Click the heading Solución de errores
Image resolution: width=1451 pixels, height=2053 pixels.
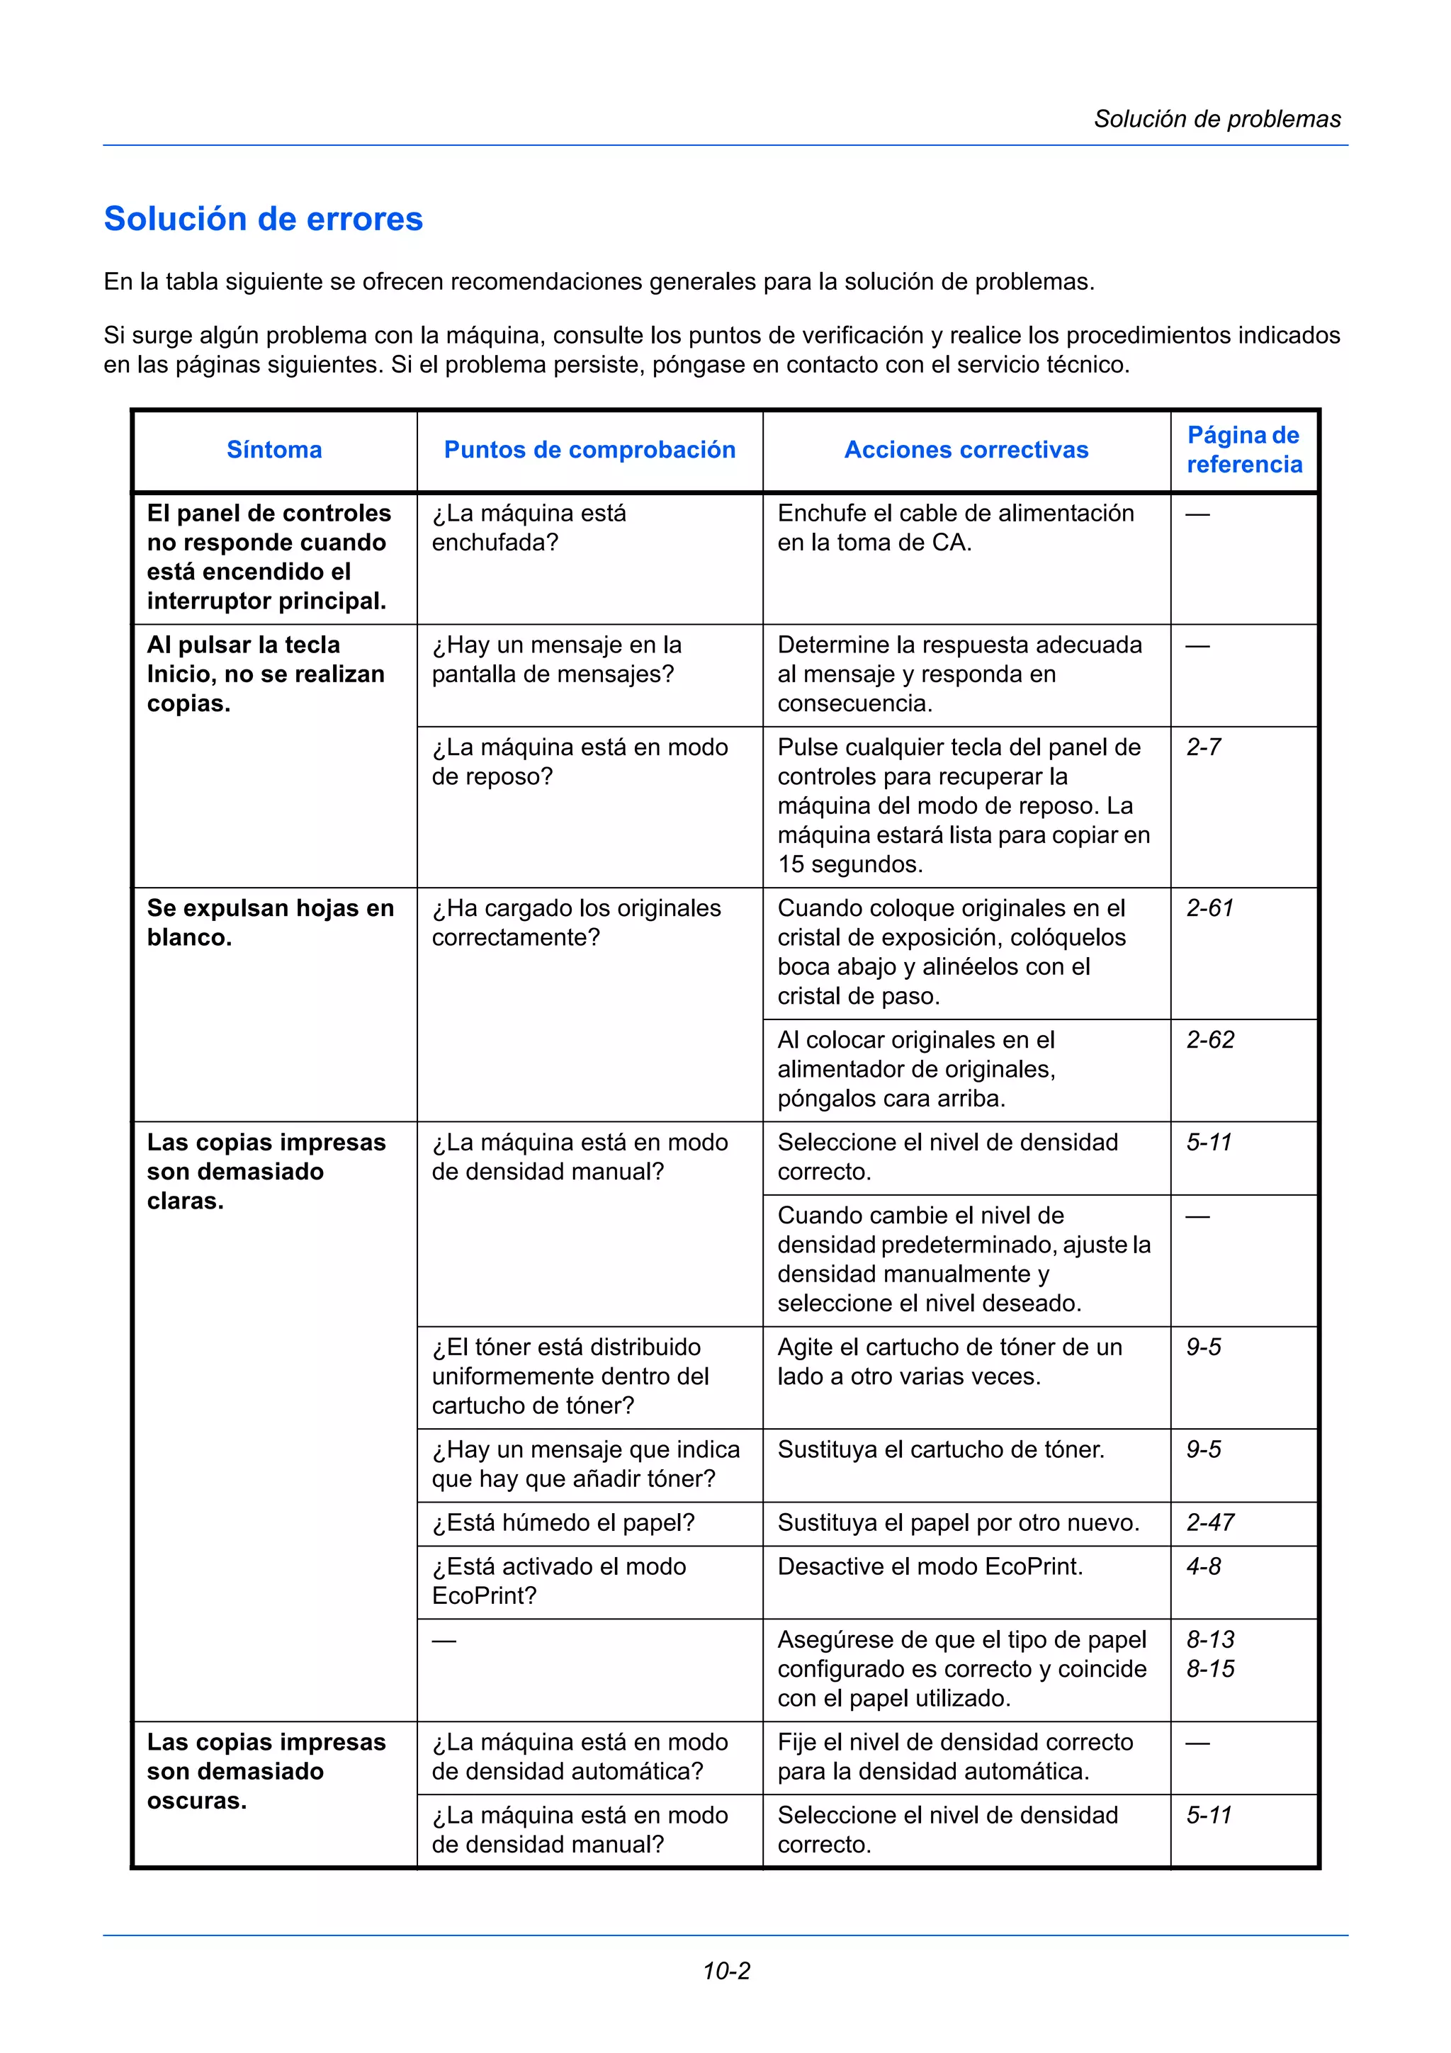(x=263, y=219)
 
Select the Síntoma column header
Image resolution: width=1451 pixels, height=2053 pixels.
(x=273, y=450)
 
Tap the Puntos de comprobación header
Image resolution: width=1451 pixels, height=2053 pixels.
(x=589, y=450)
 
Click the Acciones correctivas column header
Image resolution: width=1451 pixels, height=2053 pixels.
(x=966, y=450)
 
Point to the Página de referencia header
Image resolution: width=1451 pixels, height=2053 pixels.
(x=1243, y=450)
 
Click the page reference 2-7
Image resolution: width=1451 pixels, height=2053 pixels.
(x=1203, y=747)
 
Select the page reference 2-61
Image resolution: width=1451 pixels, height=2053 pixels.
(x=1209, y=908)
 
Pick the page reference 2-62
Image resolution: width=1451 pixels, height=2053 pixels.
(x=1209, y=1040)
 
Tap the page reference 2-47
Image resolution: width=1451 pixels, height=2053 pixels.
(x=1209, y=1523)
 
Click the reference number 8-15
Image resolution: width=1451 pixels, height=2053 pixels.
(x=1209, y=1668)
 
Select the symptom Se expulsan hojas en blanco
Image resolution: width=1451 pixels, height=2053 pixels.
(x=270, y=923)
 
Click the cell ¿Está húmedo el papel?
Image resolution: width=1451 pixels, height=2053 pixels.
(x=563, y=1523)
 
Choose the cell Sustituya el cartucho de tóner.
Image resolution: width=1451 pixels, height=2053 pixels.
(x=940, y=1449)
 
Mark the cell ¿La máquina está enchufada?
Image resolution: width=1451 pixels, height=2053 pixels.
(x=529, y=528)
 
